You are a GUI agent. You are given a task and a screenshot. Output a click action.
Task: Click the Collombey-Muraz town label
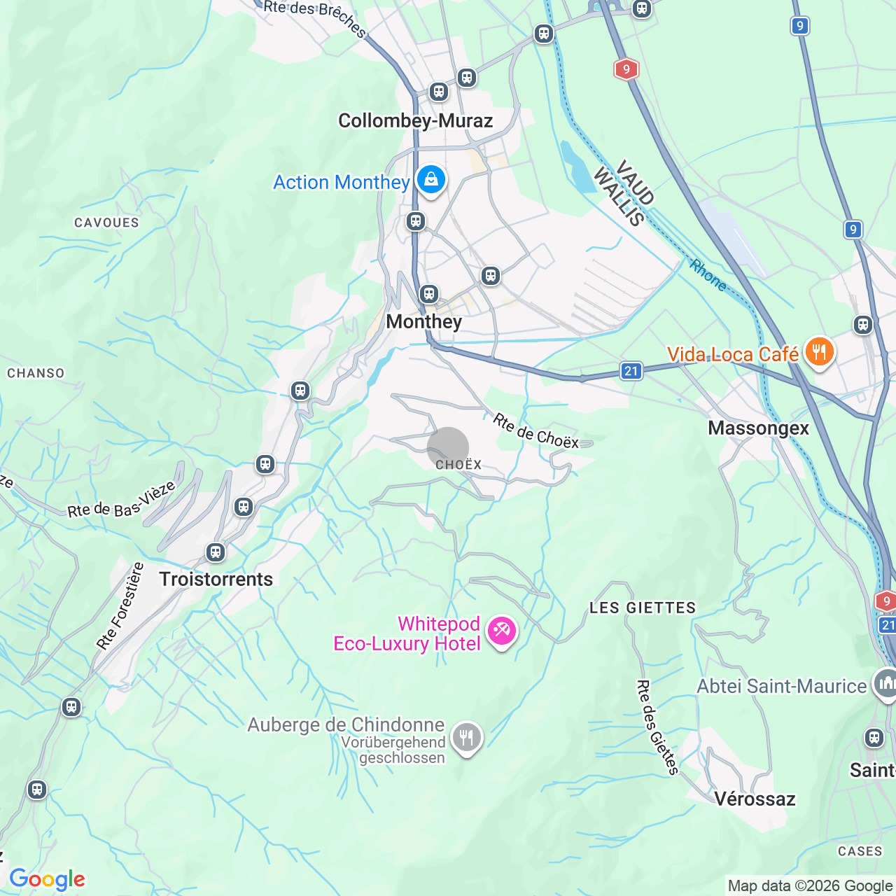(x=415, y=121)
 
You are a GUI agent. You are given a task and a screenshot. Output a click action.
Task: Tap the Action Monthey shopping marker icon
(x=431, y=181)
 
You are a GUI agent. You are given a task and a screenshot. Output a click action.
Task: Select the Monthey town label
(x=423, y=322)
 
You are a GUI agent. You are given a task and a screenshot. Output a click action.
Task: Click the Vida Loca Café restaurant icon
(x=819, y=351)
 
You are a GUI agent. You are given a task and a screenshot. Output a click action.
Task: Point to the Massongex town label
(x=758, y=428)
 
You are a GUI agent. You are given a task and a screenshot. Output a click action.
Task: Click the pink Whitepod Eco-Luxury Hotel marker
(x=502, y=631)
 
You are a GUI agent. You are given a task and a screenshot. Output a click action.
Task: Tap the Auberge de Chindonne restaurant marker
(x=466, y=738)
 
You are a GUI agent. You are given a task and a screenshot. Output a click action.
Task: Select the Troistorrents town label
(x=216, y=580)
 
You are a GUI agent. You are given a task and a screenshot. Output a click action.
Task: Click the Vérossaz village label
(x=755, y=799)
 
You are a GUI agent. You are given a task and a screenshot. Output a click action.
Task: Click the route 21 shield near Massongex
(x=631, y=371)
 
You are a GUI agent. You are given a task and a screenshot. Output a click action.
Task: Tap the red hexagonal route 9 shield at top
(x=626, y=69)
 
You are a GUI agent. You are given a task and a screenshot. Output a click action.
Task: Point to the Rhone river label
(x=708, y=275)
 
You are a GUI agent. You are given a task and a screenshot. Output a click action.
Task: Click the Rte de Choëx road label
(x=535, y=431)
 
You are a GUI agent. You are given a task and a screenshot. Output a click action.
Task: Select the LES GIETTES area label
(x=643, y=608)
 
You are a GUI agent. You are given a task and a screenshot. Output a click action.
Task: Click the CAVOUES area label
(x=106, y=223)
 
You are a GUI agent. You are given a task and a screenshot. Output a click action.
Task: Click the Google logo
(x=47, y=879)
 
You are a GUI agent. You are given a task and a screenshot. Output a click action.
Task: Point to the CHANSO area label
(x=36, y=374)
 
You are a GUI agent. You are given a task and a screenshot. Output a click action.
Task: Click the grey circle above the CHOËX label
(x=448, y=447)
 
